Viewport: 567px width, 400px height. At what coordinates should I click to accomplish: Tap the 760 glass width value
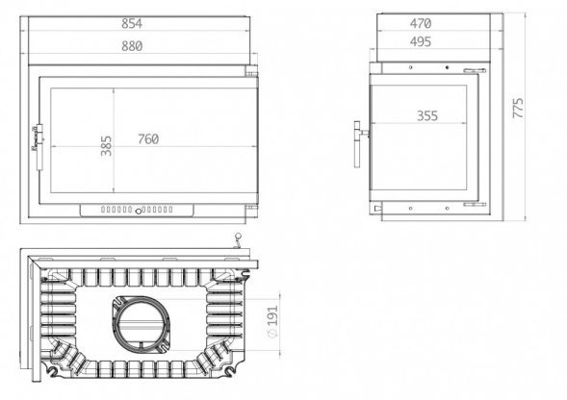pos(147,138)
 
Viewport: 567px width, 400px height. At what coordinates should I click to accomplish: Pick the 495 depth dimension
pos(419,42)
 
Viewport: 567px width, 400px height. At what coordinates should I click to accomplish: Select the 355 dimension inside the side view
pos(427,116)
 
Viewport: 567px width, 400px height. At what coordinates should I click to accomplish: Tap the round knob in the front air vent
pos(139,210)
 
